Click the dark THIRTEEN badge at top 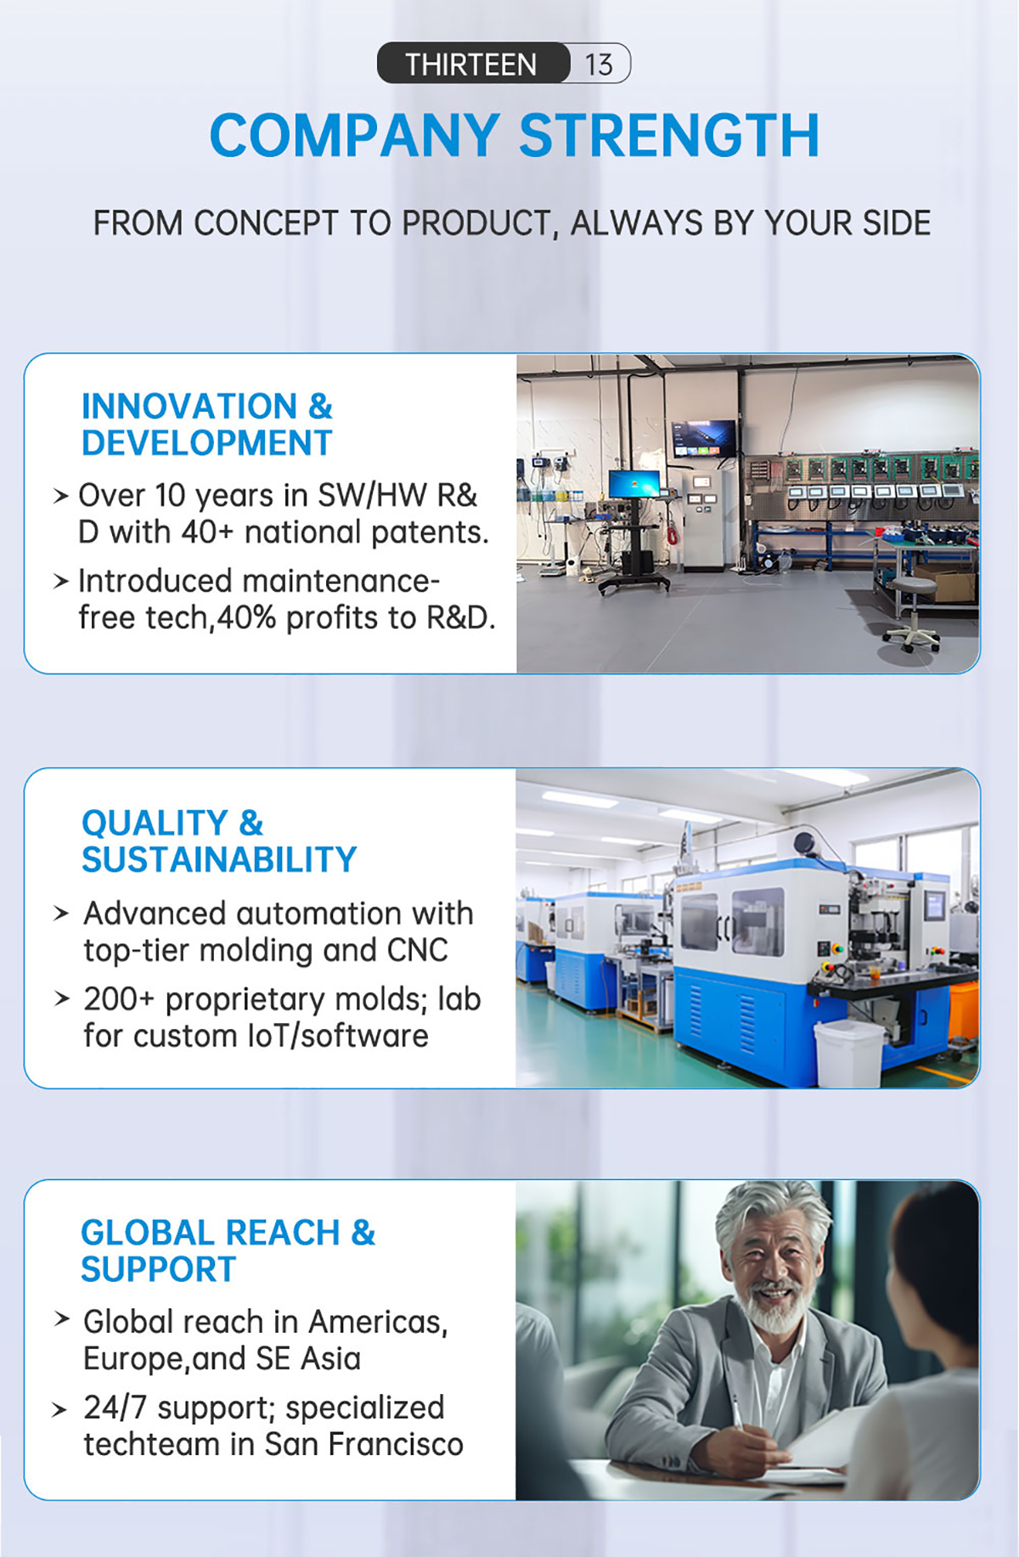[x=473, y=64]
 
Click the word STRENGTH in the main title [x=669, y=136]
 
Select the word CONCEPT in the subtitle [x=266, y=223]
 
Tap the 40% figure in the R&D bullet [x=247, y=618]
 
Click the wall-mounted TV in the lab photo [x=704, y=437]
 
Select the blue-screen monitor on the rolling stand [x=634, y=484]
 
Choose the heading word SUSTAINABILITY [x=219, y=860]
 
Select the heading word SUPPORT [x=158, y=1270]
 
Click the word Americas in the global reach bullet [x=378, y=1323]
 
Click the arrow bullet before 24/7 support [x=59, y=1410]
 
